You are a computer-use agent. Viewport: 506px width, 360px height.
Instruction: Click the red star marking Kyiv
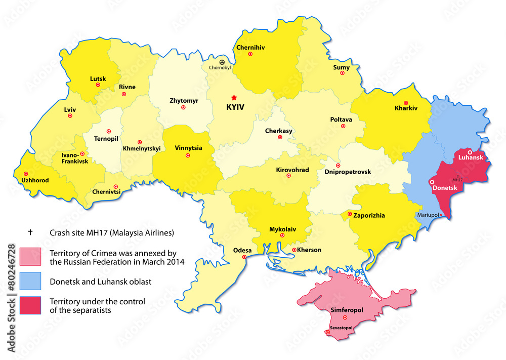[x=233, y=97]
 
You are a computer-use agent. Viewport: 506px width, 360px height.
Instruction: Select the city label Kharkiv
[x=406, y=108]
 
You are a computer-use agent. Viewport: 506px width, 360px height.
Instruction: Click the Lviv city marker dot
[x=70, y=116]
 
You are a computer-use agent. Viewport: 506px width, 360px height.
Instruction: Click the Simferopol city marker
[x=345, y=317]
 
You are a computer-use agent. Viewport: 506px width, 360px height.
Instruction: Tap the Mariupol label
[x=428, y=215]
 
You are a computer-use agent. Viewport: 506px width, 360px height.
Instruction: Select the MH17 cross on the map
[x=458, y=176]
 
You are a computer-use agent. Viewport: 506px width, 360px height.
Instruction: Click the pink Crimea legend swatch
[x=30, y=257]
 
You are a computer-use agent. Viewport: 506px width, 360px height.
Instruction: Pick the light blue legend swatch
[x=30, y=282]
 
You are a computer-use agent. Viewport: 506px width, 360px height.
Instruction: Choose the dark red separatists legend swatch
[x=30, y=305]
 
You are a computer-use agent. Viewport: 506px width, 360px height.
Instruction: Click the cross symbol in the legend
[x=30, y=232]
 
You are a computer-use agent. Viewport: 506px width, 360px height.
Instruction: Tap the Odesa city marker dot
[x=244, y=257]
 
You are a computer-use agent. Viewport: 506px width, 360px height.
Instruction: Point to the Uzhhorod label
[x=35, y=180]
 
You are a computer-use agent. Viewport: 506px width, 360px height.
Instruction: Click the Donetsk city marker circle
[x=432, y=182]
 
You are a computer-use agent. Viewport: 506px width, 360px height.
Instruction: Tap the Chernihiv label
[x=250, y=48]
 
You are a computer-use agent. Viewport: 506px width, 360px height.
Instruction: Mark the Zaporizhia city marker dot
[x=350, y=215]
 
